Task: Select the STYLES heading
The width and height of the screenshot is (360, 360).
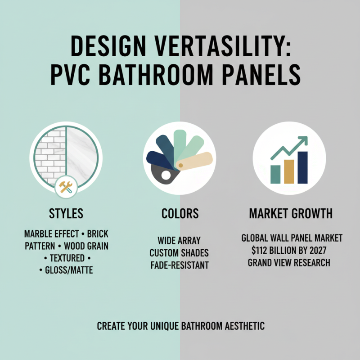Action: point(66,213)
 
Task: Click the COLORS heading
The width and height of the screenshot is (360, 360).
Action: point(180,213)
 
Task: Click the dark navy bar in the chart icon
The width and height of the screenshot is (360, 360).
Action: point(302,167)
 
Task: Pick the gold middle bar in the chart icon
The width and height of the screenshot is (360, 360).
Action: point(288,171)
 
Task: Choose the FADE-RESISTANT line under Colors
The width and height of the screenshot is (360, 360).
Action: point(180,265)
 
